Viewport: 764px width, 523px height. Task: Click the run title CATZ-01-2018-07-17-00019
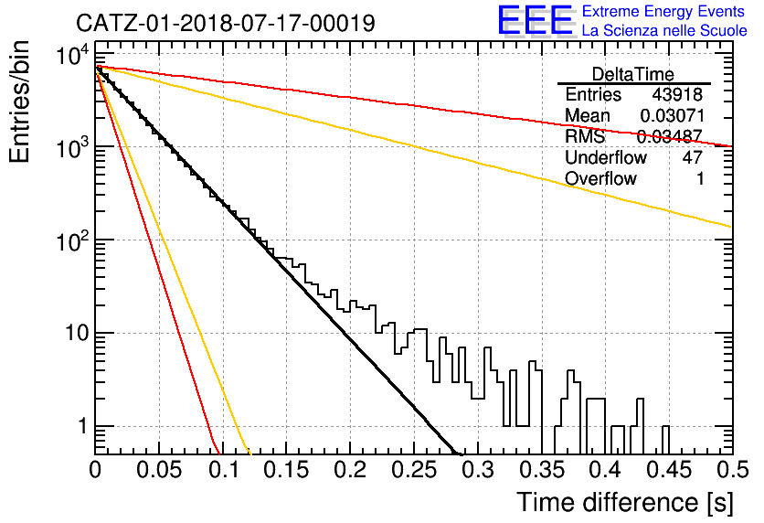tap(226, 23)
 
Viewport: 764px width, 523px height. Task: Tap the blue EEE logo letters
tap(535, 20)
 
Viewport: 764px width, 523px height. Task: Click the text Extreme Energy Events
tap(663, 11)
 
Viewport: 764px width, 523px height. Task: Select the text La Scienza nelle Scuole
tap(664, 30)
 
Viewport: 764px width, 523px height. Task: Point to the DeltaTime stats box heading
tap(633, 74)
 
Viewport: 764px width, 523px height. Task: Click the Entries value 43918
tap(677, 94)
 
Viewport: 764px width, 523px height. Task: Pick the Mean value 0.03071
tap(673, 115)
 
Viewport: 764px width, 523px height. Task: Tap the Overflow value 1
tap(700, 179)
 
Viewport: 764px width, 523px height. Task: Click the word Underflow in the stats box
tap(606, 157)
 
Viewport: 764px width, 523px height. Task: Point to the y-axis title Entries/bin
tap(19, 102)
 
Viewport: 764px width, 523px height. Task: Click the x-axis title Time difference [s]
tap(625, 503)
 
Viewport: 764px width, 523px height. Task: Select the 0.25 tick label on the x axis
tap(414, 470)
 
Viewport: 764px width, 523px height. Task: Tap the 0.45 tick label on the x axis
tap(670, 470)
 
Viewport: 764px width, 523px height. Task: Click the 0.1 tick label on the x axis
tap(224, 470)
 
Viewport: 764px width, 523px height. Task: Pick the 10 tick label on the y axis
tap(76, 334)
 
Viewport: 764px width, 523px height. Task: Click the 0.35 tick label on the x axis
tap(542, 470)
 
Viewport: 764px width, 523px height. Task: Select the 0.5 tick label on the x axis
tap(732, 470)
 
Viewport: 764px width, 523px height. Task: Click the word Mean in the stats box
tap(587, 115)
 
